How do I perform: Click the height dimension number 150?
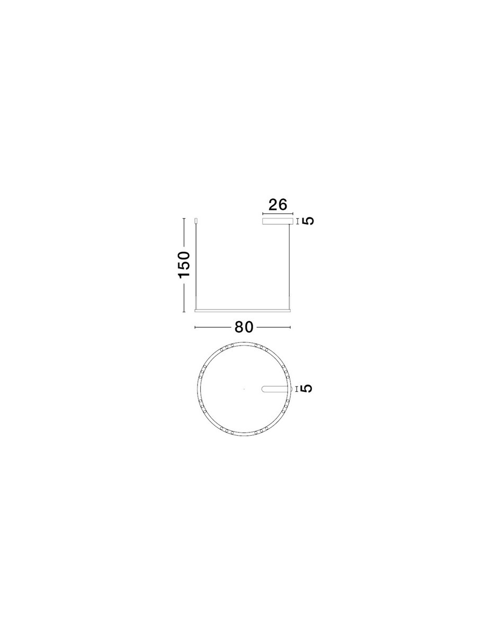184,264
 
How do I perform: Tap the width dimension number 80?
244,327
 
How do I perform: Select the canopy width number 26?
278,205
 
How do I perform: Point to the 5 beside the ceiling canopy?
308,221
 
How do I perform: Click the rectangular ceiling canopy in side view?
278,222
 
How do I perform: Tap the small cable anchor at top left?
197,221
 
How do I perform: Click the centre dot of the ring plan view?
244,389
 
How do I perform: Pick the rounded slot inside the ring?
274,389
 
